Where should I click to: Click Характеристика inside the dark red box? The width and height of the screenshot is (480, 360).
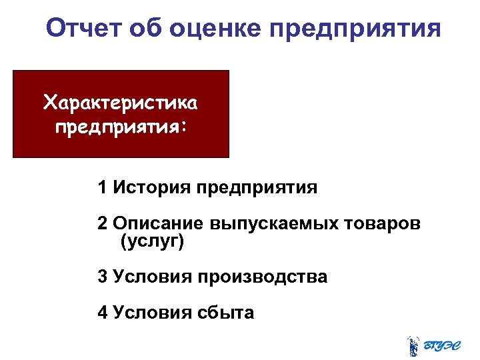tap(120, 103)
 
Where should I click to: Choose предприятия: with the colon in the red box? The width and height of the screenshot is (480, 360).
tap(121, 125)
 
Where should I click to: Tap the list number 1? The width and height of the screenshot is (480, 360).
tap(102, 188)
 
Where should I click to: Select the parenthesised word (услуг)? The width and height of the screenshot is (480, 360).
tap(151, 241)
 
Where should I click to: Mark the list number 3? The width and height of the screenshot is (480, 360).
tap(102, 277)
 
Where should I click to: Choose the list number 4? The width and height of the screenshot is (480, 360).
tap(102, 312)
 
